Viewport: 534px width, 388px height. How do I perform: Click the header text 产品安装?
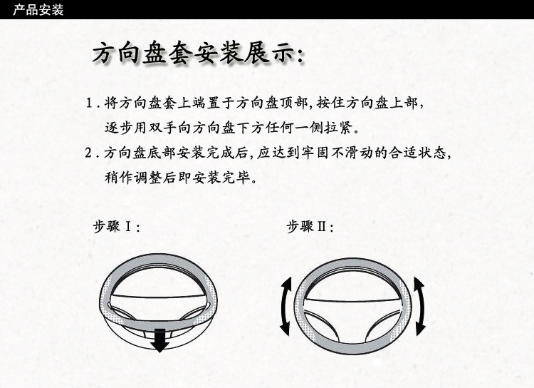pyautogui.click(x=38, y=9)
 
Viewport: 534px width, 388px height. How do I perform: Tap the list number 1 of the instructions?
pyautogui.click(x=89, y=103)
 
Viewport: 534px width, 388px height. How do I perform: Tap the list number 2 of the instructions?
pyautogui.click(x=88, y=153)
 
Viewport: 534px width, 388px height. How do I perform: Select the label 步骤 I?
pyautogui.click(x=116, y=226)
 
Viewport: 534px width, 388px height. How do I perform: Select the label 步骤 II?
pyautogui.click(x=310, y=226)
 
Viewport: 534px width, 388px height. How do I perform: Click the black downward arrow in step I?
pyautogui.click(x=159, y=340)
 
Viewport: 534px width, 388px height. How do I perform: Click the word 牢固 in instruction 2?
pyautogui.click(x=315, y=153)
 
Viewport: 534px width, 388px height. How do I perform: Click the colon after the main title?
pyautogui.click(x=300, y=56)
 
